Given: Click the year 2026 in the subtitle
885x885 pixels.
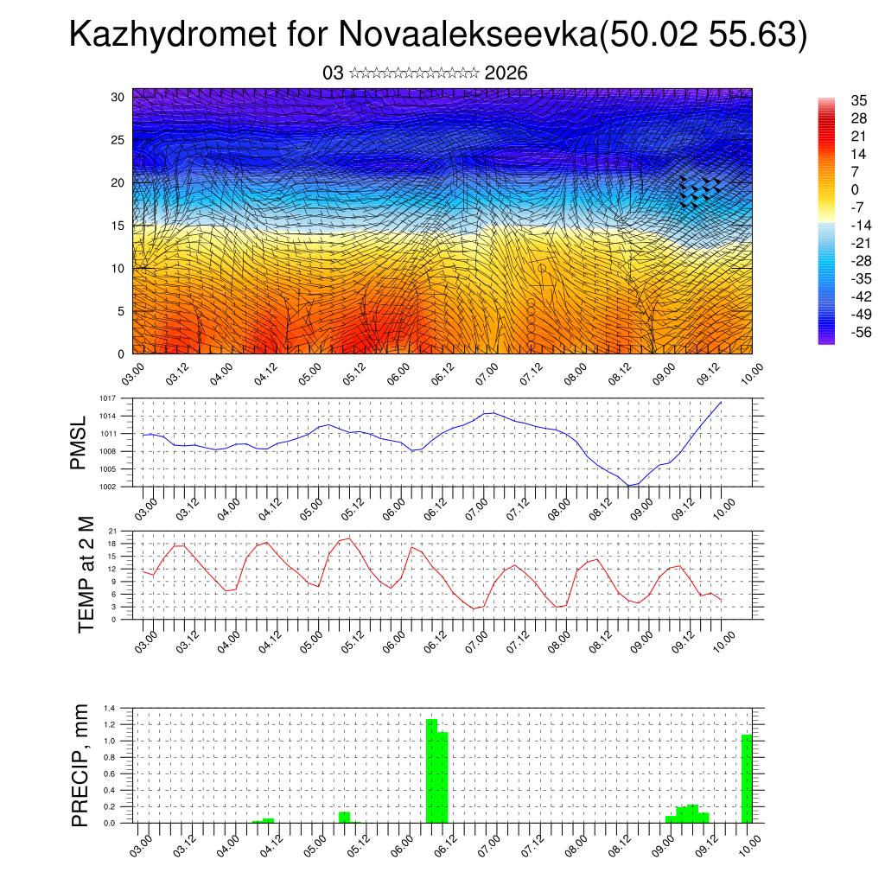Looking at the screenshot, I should (x=506, y=73).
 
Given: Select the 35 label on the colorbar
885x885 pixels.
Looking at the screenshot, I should (x=858, y=101).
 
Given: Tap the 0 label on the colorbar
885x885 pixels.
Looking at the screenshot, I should (x=855, y=190).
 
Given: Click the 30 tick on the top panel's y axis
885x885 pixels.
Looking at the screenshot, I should (x=118, y=97).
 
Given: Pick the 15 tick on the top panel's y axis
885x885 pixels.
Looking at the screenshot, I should (x=118, y=226).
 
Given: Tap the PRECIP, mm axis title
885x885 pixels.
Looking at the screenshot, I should (x=80, y=764).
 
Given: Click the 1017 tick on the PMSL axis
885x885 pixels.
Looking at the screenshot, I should (x=107, y=398).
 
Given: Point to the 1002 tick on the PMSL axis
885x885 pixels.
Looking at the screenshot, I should (x=107, y=487).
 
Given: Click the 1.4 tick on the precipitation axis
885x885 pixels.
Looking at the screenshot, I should (x=110, y=708).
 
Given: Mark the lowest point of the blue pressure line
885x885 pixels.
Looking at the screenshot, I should (x=630, y=486).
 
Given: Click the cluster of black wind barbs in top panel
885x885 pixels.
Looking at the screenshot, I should (x=699, y=193).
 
